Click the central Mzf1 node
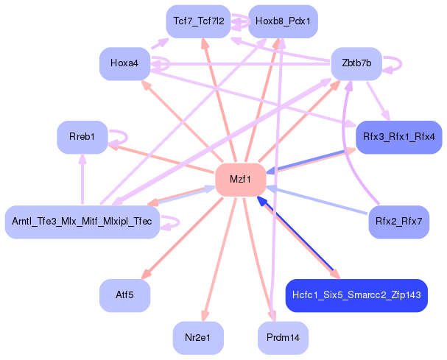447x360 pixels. coord(240,180)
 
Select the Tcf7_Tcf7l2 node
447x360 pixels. coord(199,21)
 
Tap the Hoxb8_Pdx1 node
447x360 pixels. coord(283,21)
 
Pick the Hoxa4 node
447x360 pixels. coord(124,64)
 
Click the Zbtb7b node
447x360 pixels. coord(356,64)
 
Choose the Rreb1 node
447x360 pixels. coord(82,138)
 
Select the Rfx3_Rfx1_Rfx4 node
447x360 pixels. coord(398,138)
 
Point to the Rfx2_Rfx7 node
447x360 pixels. coord(398,222)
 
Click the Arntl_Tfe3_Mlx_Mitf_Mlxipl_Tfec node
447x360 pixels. coord(82,222)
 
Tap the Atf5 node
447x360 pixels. coord(124,295)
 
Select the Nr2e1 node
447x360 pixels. coord(199,338)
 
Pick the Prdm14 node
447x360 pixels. coord(283,338)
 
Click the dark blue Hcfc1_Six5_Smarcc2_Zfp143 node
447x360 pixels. coord(356,295)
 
